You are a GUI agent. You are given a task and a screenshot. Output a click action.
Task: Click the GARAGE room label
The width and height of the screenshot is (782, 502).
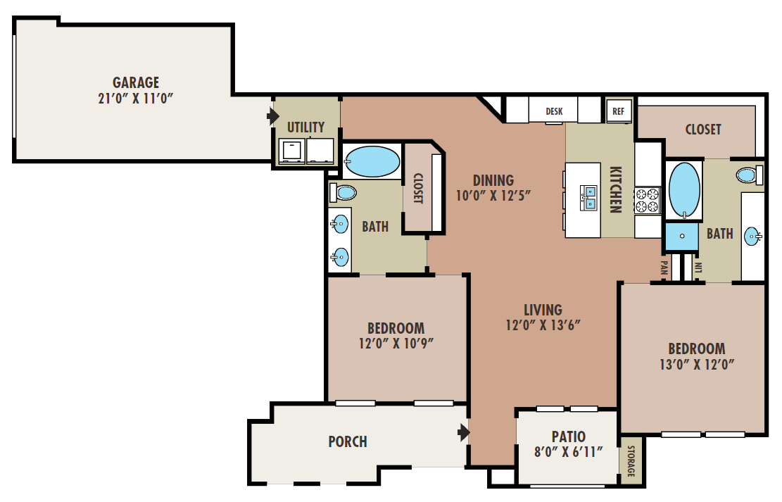click(136, 82)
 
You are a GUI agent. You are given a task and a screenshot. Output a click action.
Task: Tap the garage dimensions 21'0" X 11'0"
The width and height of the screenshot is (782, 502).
click(136, 99)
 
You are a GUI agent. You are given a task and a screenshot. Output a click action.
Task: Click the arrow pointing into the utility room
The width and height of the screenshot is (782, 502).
click(273, 116)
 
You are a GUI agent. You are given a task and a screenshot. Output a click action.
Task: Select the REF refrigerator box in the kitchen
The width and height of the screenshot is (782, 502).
click(619, 111)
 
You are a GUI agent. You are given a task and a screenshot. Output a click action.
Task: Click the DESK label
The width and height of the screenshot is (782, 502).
click(554, 111)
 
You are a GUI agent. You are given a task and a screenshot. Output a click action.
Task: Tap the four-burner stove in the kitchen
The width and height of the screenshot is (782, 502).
click(648, 201)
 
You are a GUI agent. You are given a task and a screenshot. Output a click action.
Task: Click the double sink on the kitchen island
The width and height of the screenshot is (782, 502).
click(588, 198)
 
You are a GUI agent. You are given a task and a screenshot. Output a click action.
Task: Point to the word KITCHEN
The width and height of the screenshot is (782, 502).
click(616, 189)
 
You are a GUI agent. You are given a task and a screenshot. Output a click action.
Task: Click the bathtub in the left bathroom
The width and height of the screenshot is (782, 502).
click(372, 162)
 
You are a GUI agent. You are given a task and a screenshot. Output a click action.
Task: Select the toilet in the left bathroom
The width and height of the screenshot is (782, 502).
click(343, 193)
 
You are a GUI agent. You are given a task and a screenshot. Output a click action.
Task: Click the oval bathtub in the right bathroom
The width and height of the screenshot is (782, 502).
click(684, 189)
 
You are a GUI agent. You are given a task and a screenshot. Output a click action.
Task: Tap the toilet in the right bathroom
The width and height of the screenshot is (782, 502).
click(750, 175)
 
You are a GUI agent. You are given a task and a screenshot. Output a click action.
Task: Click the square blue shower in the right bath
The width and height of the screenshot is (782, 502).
click(682, 236)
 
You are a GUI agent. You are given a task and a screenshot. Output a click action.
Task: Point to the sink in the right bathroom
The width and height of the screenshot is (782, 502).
click(752, 236)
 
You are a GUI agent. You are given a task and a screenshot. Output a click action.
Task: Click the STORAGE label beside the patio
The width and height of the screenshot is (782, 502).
click(631, 461)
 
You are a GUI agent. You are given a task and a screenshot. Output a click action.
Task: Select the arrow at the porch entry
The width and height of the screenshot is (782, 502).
click(464, 432)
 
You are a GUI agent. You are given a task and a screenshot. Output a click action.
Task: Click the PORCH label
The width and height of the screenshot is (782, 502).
click(348, 441)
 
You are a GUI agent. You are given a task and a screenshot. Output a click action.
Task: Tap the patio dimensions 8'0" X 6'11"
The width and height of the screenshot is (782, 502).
click(569, 452)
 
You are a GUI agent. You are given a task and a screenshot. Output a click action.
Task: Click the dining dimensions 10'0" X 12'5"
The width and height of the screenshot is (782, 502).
click(493, 195)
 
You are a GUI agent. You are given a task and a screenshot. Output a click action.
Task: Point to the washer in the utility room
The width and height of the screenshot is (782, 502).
click(291, 151)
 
